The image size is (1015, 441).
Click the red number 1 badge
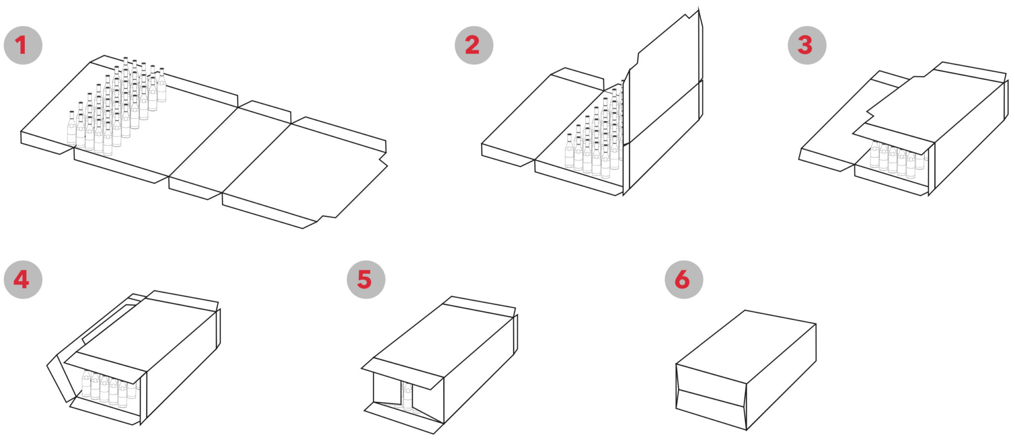23,46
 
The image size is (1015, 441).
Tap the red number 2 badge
474,46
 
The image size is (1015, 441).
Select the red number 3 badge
807,46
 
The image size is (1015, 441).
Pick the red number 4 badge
23,280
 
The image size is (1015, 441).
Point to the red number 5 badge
366,280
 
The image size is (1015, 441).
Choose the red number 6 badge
684,280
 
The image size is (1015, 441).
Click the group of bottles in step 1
117,106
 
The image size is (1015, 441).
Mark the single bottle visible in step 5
407,396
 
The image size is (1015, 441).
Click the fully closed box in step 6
746,370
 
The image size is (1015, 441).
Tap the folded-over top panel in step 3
934,106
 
